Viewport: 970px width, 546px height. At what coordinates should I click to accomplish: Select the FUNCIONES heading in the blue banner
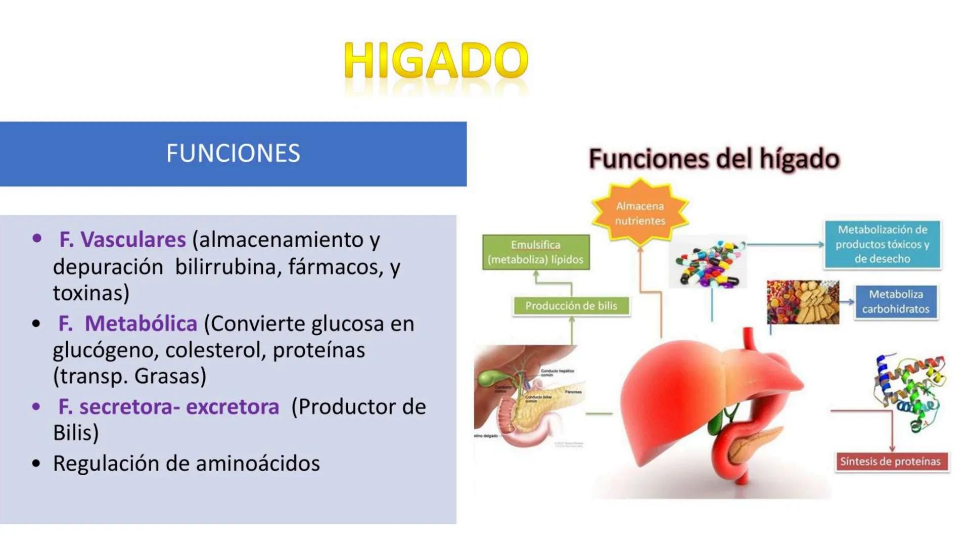point(233,153)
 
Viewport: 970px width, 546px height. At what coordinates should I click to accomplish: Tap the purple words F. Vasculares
point(122,240)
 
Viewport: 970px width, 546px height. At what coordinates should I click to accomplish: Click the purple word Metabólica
point(141,324)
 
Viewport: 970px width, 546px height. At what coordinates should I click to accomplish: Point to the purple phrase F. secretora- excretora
point(169,406)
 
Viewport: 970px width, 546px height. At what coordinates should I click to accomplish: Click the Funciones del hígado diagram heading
point(714,159)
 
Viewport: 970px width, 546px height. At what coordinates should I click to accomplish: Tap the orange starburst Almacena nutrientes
point(640,213)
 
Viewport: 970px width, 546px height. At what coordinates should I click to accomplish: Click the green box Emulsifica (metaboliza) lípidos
point(535,252)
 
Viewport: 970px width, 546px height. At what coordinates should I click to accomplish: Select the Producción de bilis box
point(571,306)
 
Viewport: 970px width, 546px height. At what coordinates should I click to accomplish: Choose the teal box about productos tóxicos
point(882,244)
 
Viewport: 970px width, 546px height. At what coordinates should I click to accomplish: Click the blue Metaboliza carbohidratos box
point(896,302)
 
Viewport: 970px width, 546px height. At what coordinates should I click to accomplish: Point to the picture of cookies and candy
point(802,302)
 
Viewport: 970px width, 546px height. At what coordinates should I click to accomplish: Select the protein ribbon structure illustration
point(909,392)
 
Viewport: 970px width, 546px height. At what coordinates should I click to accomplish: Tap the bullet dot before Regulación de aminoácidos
point(36,464)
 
